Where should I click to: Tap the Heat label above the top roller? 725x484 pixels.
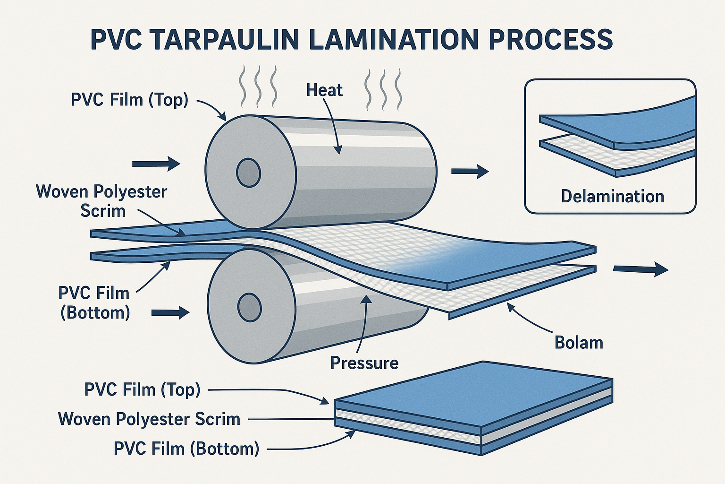(x=324, y=90)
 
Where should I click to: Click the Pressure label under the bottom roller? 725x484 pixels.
(x=364, y=363)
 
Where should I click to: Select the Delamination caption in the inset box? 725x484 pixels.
(x=612, y=196)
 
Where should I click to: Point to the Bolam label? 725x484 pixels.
(x=579, y=342)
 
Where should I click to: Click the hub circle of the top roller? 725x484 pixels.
(x=249, y=173)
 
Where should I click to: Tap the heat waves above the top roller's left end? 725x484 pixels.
(x=258, y=86)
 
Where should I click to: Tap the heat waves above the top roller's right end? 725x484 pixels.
(x=383, y=88)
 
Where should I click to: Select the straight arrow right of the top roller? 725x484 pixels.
(x=470, y=171)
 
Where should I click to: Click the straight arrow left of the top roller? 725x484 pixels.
(x=156, y=164)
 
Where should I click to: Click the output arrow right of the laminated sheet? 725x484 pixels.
(x=641, y=269)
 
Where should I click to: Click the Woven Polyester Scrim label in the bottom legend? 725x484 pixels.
(x=149, y=419)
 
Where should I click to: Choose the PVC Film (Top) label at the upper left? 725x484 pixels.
(x=129, y=100)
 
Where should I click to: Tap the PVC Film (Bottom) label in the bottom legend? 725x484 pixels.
(x=186, y=448)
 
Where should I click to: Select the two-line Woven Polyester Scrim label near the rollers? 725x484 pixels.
(x=102, y=201)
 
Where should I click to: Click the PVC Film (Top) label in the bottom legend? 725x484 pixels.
(x=143, y=389)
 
